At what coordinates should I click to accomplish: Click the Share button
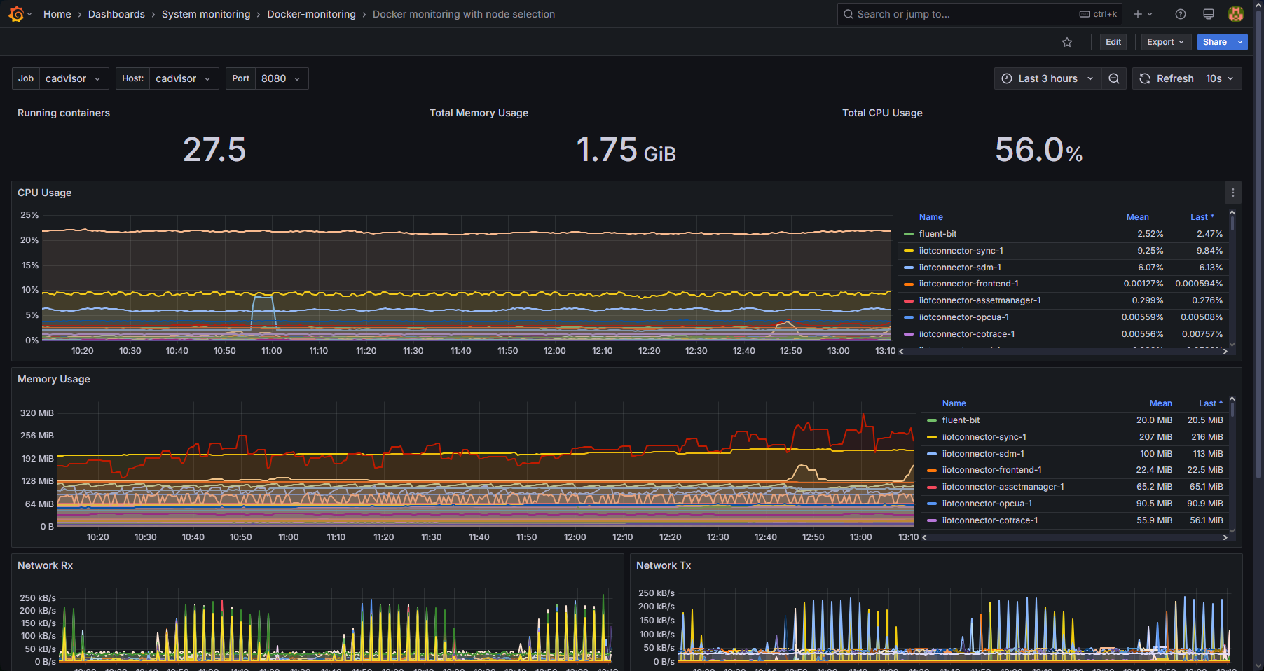pyautogui.click(x=1214, y=42)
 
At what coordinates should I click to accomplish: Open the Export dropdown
pyautogui.click(x=1165, y=42)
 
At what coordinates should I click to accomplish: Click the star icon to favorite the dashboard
pyautogui.click(x=1067, y=43)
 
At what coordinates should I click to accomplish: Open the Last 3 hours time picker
pyautogui.click(x=1047, y=78)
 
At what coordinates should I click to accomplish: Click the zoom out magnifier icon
pyautogui.click(x=1113, y=78)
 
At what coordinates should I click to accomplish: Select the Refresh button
pyautogui.click(x=1167, y=78)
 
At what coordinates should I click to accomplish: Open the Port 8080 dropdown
pyautogui.click(x=267, y=78)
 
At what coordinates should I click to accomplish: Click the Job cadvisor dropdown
pyautogui.click(x=61, y=78)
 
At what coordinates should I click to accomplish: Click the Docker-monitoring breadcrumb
pyautogui.click(x=311, y=14)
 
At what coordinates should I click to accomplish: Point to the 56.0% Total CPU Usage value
pyautogui.click(x=1038, y=150)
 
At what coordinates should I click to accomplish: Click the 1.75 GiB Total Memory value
pyautogui.click(x=626, y=150)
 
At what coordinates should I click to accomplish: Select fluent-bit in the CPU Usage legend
pyautogui.click(x=937, y=234)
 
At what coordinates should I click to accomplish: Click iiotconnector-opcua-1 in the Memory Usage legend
pyautogui.click(x=987, y=504)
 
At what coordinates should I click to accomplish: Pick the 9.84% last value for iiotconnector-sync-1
pyautogui.click(x=1209, y=251)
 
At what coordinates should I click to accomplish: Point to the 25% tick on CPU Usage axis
pyautogui.click(x=29, y=215)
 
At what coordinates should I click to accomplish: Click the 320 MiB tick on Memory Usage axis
pyautogui.click(x=36, y=413)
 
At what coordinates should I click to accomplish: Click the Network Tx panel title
pyautogui.click(x=663, y=565)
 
